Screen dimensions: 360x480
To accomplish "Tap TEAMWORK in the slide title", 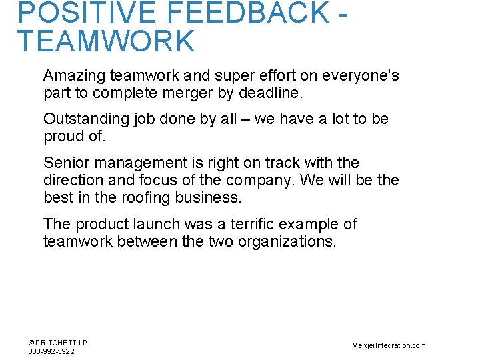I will pos(106,41).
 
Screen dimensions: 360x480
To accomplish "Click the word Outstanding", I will pos(85,119).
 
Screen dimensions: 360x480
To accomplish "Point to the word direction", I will pos(70,180).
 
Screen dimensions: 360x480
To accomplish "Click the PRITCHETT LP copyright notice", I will pos(58,343).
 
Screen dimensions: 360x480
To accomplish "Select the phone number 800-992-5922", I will pos(51,351).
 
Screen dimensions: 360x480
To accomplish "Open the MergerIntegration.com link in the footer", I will pos(389,345).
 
